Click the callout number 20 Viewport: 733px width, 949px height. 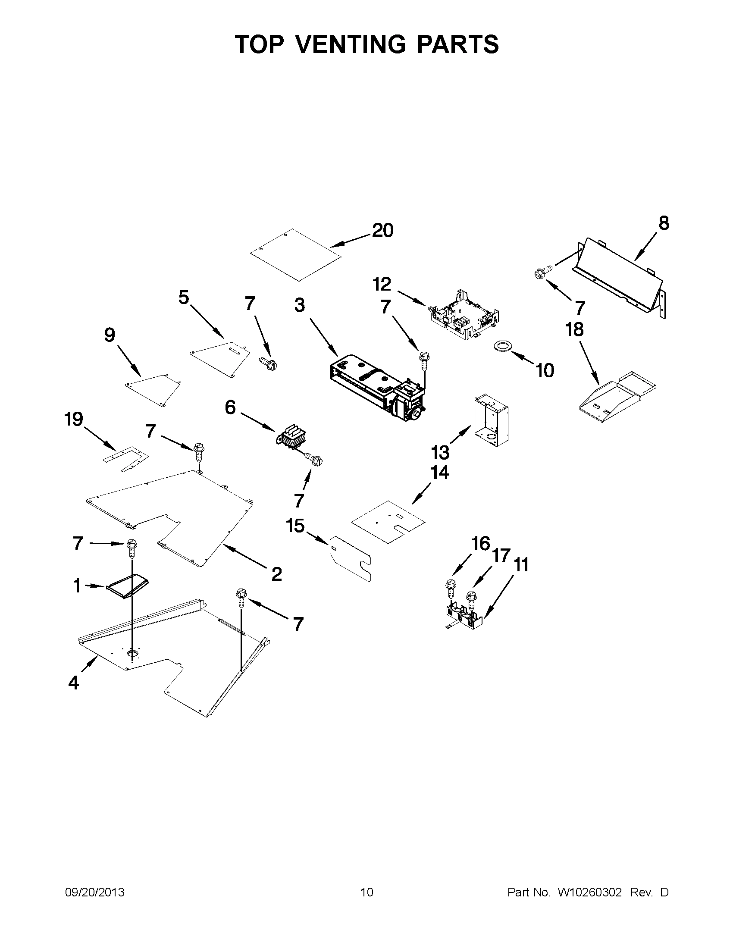pyautogui.click(x=382, y=231)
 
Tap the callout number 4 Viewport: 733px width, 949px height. pyautogui.click(x=73, y=683)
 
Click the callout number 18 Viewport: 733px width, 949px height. pyautogui.click(x=574, y=329)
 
